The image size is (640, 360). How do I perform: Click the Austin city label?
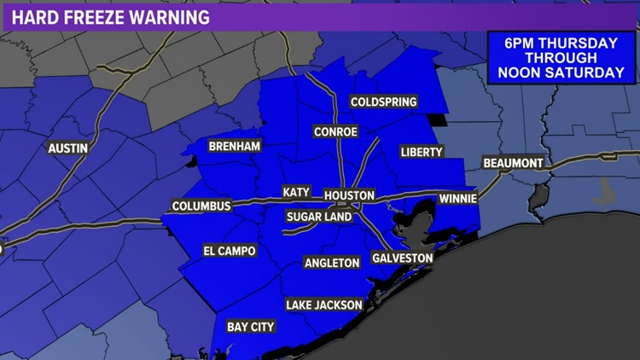(68, 148)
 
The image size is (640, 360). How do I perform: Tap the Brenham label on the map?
(234, 147)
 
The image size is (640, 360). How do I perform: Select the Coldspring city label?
(384, 102)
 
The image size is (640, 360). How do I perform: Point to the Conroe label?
(335, 131)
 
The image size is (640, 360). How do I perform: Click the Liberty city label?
(422, 152)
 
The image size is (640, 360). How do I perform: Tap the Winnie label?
(457, 198)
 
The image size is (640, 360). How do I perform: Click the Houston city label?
(349, 195)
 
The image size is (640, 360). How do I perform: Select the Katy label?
(296, 193)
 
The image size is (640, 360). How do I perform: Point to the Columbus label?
(201, 206)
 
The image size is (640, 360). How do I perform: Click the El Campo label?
(229, 251)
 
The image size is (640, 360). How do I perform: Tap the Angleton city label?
(333, 263)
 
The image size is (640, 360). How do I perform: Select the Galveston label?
(403, 258)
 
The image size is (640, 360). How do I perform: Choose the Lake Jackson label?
(324, 305)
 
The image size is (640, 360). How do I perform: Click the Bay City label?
(249, 326)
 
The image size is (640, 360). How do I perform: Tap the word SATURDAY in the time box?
(588, 73)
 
